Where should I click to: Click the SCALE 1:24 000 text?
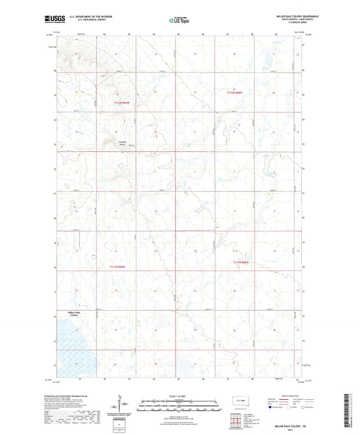point(179,395)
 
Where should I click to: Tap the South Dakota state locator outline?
point(241,403)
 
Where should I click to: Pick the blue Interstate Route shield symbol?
point(269,407)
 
